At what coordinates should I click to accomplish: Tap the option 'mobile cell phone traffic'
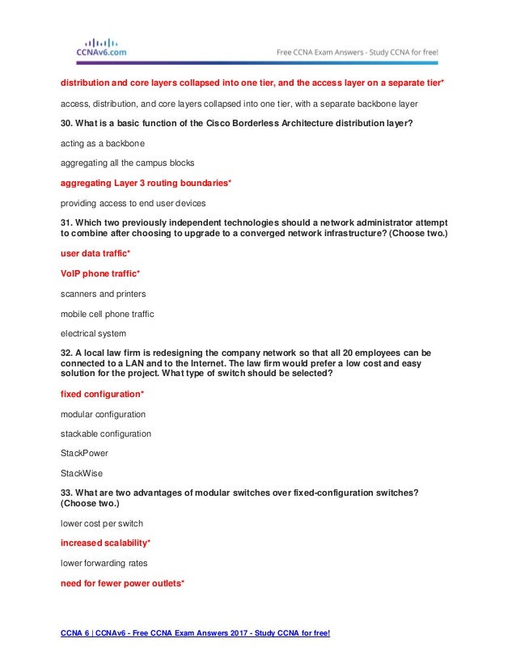tap(108, 313)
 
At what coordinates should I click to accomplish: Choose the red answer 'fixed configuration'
tap(102, 394)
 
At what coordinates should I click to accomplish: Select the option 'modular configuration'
tap(104, 414)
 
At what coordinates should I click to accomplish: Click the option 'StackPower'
tap(83, 454)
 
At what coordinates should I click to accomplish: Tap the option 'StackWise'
tap(81, 474)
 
